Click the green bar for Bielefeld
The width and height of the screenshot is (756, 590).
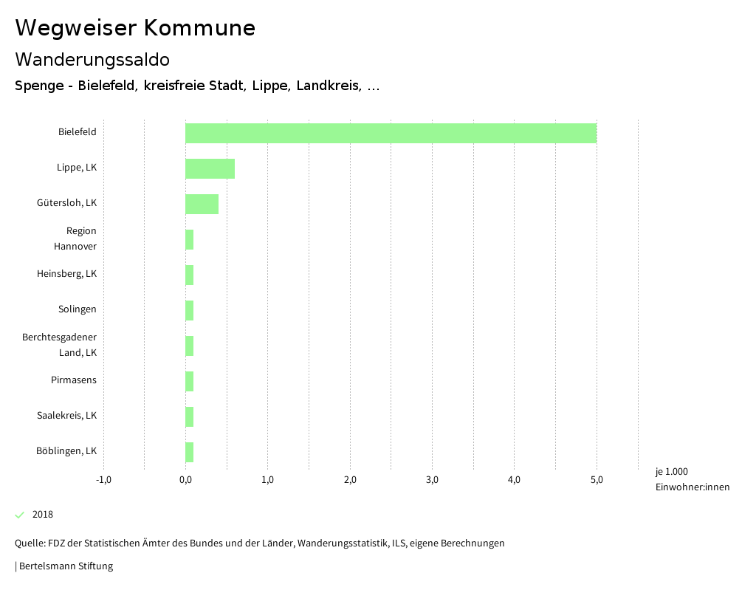[x=391, y=133]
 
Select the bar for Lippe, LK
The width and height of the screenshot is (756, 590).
[x=210, y=168]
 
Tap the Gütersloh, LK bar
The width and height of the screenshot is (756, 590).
[x=202, y=204]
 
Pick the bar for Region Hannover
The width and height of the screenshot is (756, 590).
[x=190, y=239]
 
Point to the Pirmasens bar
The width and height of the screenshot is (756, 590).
[x=190, y=381]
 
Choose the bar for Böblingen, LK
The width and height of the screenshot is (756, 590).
[x=190, y=452]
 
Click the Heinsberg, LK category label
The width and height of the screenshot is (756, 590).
[x=66, y=274]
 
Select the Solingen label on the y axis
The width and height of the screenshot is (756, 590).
[x=77, y=309]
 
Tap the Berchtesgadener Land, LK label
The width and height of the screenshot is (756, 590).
[x=59, y=345]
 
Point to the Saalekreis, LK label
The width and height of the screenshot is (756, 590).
[x=66, y=416]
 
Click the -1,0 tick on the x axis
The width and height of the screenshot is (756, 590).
[x=103, y=480]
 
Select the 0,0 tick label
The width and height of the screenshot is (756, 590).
[x=185, y=480]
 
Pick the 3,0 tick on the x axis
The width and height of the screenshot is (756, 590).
[x=433, y=480]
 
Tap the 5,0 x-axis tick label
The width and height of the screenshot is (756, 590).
[x=597, y=480]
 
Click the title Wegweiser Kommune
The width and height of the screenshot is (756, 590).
[x=135, y=28]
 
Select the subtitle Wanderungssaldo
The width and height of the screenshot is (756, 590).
[x=92, y=59]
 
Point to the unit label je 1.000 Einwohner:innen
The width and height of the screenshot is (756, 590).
[x=692, y=479]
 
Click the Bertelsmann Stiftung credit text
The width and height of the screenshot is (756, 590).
[x=66, y=566]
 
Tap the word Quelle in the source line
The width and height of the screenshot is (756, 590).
[x=29, y=543]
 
